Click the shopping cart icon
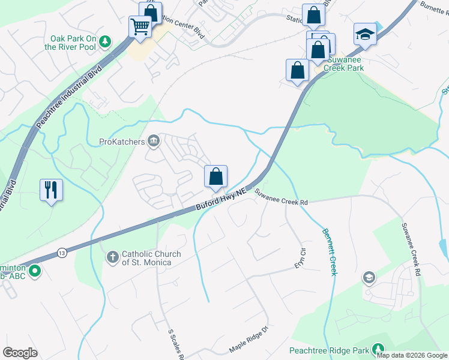[x=140, y=26]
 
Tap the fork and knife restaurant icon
[x=51, y=190]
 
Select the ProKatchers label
[x=122, y=142]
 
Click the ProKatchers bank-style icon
[x=154, y=141]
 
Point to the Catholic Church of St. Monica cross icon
[x=112, y=257]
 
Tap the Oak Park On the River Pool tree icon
[x=106, y=41]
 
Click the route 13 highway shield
[x=63, y=253]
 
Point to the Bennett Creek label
[x=330, y=252]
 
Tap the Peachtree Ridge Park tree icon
[x=378, y=349]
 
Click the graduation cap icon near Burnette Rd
[x=364, y=34]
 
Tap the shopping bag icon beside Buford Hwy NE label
[x=216, y=176]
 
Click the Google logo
[x=20, y=352]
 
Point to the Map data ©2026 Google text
[x=412, y=355]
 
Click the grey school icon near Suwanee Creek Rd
[x=369, y=277]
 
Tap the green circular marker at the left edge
[x=35, y=271]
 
